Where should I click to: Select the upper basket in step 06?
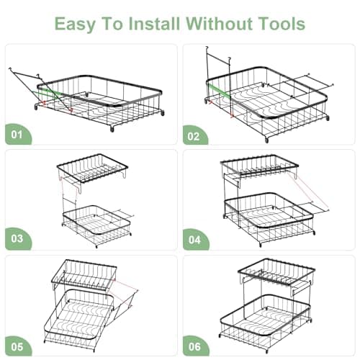coord(277,274)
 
